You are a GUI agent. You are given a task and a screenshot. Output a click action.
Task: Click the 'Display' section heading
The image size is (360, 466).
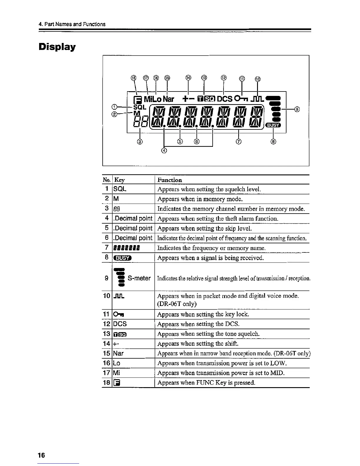tap(57, 47)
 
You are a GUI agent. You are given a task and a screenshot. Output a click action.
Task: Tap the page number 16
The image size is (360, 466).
tap(41, 455)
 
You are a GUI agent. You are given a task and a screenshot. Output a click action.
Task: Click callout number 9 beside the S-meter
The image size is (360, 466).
tap(297, 109)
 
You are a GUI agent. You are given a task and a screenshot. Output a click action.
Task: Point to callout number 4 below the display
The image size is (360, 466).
tap(164, 151)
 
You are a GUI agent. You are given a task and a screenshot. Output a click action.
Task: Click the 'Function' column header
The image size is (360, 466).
tap(170, 180)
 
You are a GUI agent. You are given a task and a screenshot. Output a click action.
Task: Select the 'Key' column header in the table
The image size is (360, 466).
tap(119, 180)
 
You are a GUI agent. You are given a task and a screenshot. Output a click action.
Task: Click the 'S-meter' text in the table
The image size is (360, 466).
tap(139, 278)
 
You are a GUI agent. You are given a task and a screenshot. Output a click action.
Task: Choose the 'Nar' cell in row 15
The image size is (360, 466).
tap(118, 353)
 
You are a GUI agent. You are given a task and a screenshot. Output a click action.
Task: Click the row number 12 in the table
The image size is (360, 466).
tap(106, 324)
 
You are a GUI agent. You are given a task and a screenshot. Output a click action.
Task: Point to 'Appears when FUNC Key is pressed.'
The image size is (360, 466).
tap(206, 383)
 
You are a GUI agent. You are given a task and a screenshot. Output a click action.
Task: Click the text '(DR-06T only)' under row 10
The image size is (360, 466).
tap(177, 304)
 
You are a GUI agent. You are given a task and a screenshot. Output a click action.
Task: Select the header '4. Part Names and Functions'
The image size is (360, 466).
tap(72, 24)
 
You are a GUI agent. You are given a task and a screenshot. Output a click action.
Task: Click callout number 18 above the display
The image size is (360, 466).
tap(134, 78)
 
